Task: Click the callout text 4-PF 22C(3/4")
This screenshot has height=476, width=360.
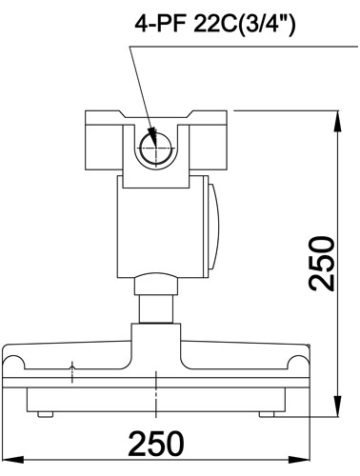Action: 215,26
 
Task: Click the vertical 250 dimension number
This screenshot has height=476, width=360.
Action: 322,263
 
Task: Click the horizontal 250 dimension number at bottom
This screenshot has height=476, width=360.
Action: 156,443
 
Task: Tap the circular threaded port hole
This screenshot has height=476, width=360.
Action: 156,149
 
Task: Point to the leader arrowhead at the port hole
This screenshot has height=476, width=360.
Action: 153,137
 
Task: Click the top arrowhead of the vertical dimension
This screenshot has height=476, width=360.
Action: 339,121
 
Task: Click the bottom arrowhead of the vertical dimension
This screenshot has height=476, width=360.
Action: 339,406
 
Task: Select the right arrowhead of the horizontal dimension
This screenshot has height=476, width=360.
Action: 299,459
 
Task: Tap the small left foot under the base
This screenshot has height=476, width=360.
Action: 45,414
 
